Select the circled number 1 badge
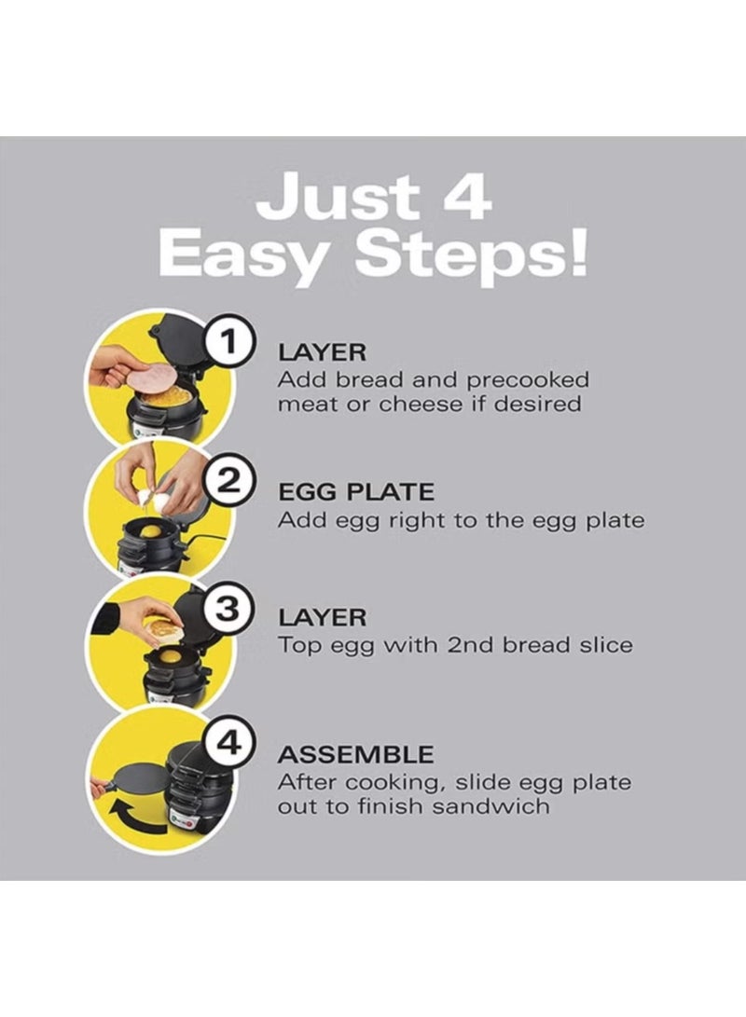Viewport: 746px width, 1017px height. point(228,341)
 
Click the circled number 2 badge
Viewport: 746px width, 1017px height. point(228,481)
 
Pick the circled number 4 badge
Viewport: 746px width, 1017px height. point(228,743)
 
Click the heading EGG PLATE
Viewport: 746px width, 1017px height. point(356,491)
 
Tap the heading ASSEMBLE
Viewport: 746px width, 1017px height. point(356,754)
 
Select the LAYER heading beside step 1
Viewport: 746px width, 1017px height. point(323,353)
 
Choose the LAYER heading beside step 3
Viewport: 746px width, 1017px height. point(323,617)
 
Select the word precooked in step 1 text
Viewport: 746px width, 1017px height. point(528,380)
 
